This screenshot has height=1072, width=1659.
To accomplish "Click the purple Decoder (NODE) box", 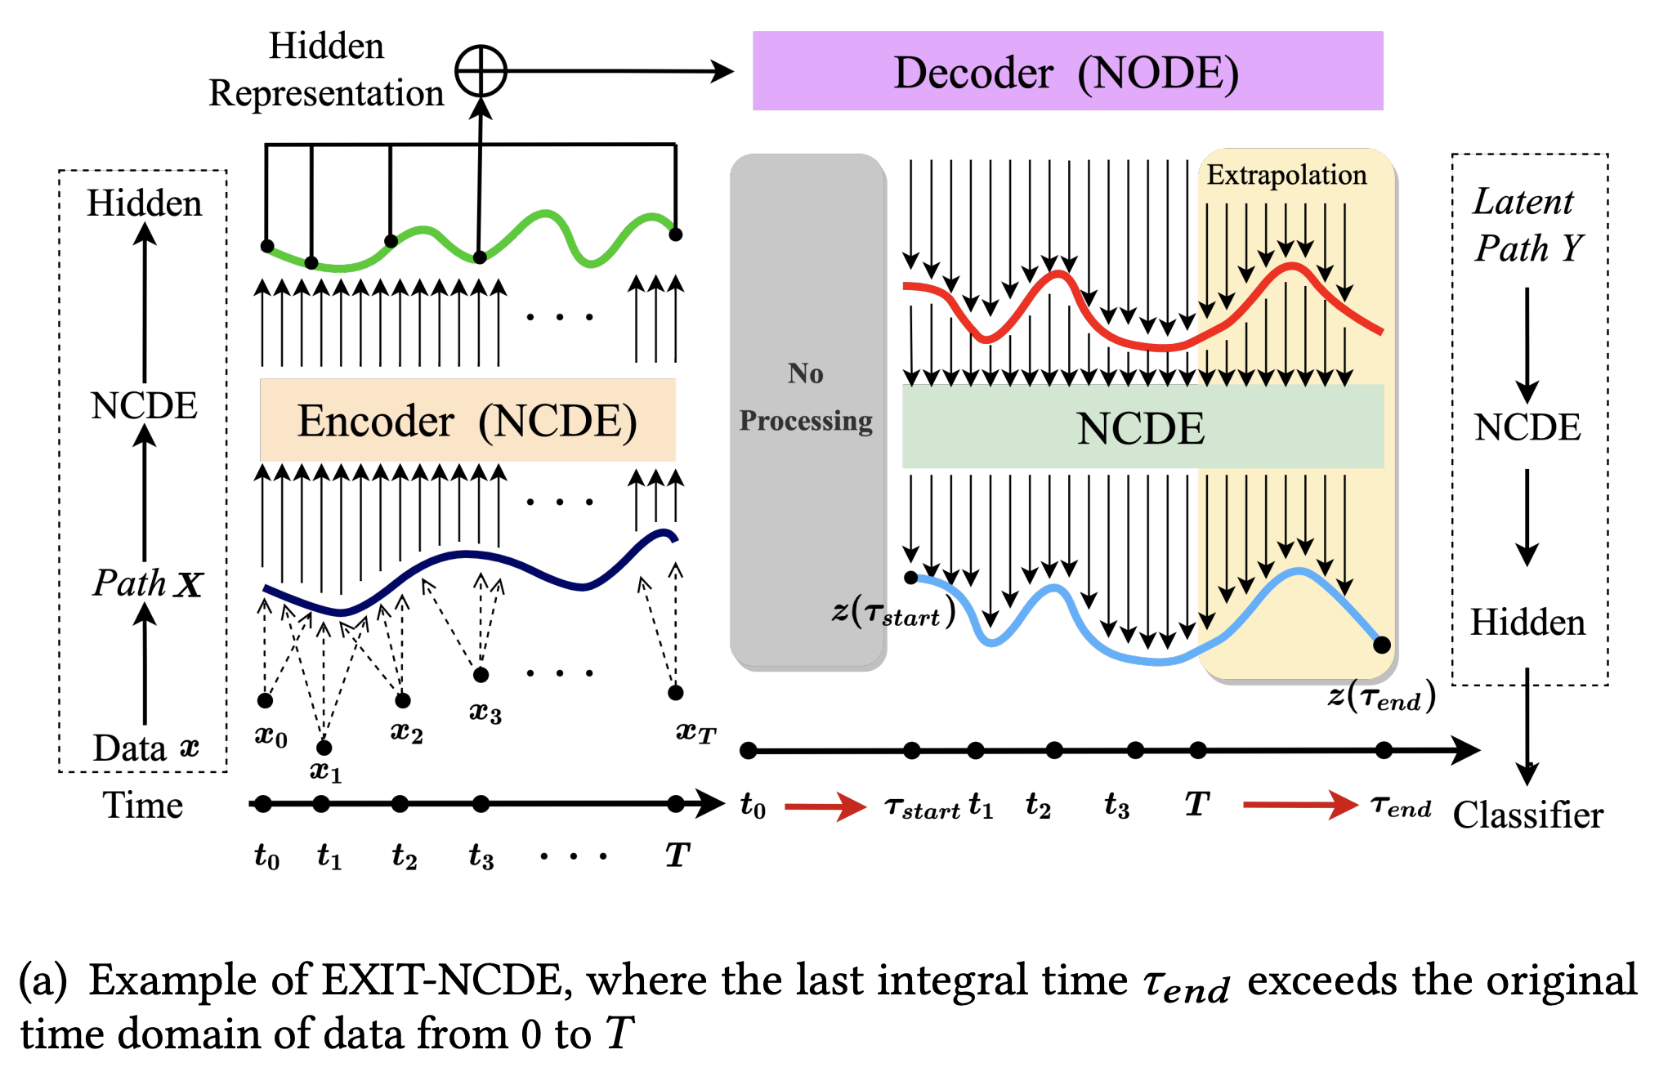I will click(1066, 71).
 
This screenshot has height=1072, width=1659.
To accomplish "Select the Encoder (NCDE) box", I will click(467, 420).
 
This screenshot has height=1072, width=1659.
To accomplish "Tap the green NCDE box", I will click(1142, 427).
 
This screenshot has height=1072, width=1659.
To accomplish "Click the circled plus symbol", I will click(481, 71).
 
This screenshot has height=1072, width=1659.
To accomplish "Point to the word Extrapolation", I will click(1286, 175).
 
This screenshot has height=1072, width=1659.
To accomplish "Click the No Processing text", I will click(806, 397).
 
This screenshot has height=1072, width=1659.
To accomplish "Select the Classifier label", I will click(1527, 815).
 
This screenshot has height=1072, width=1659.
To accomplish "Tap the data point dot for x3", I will click(481, 675).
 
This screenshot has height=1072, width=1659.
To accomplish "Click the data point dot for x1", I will click(324, 747).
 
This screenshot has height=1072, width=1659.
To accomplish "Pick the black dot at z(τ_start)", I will click(911, 578).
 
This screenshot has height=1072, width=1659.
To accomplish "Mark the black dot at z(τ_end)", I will click(1382, 645).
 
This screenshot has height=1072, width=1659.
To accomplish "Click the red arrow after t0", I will click(824, 806).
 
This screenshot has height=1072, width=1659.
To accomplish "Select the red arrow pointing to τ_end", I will click(1299, 805).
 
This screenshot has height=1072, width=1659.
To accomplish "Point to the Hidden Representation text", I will click(326, 69).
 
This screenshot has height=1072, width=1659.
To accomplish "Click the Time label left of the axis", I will click(142, 806).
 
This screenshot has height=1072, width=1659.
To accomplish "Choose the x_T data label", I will click(695, 731).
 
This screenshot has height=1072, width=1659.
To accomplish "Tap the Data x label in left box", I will click(145, 748).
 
